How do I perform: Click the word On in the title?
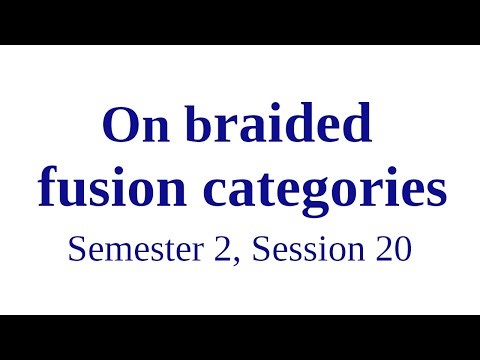coord(134,126)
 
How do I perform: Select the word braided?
coord(273,126)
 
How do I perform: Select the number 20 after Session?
coord(393,249)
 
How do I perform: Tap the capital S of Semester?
coord(76,249)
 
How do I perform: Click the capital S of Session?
coord(262,249)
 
